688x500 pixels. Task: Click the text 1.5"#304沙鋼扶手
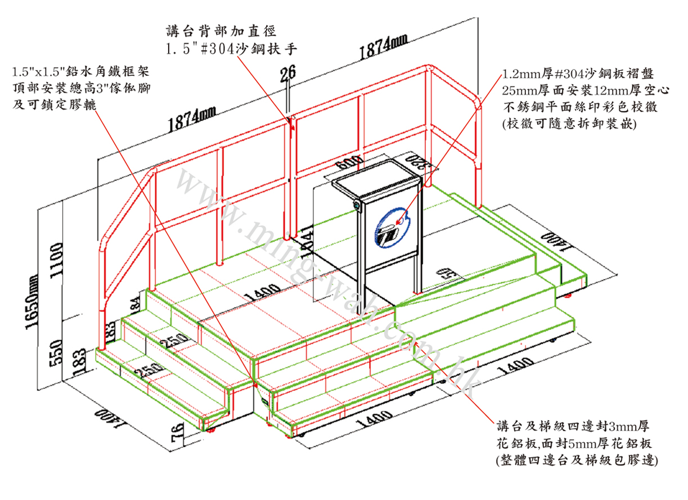click(x=231, y=49)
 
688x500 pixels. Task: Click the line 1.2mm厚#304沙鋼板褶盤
click(x=585, y=74)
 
